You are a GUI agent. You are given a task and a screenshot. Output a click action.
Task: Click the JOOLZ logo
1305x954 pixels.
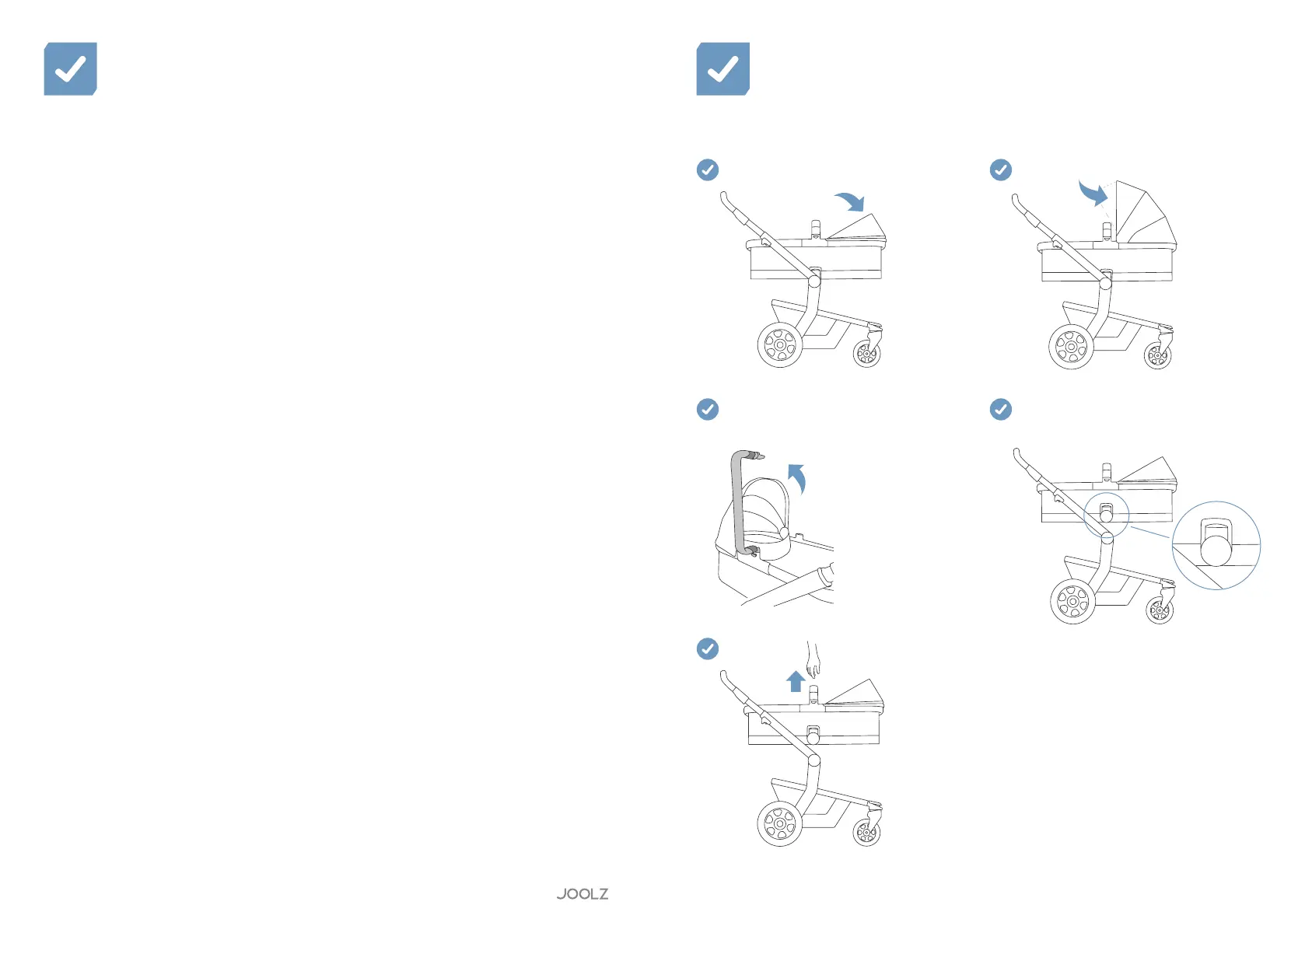tap(583, 894)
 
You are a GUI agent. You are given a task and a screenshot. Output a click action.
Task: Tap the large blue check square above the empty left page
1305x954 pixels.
tap(71, 69)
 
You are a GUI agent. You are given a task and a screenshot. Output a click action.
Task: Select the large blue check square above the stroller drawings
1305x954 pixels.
tap(722, 69)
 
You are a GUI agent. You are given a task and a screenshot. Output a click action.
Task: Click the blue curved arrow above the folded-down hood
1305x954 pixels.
tap(850, 201)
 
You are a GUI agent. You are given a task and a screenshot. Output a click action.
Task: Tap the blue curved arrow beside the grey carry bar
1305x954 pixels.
tap(797, 478)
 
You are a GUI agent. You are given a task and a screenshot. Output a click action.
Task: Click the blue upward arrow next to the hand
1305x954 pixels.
tap(795, 681)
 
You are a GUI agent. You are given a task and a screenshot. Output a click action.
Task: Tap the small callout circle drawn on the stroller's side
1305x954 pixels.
tap(1106, 514)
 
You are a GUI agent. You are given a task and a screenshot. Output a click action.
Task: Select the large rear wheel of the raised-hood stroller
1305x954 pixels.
tap(1071, 347)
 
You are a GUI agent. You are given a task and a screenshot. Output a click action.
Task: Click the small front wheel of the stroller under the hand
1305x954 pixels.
tap(866, 833)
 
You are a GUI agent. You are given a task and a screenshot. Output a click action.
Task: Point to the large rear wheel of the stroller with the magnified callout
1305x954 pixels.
tap(1072, 601)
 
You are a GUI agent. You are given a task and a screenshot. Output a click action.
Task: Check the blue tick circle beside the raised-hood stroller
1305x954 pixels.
tap(1001, 169)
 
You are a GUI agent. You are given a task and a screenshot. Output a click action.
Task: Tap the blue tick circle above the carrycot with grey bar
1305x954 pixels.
tap(708, 409)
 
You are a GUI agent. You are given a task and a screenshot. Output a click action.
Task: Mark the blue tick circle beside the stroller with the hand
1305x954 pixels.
tap(708, 648)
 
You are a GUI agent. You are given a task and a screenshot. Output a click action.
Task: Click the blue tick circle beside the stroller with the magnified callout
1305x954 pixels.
tap(1001, 409)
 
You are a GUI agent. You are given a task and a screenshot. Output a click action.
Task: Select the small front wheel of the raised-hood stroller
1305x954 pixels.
tap(1157, 357)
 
